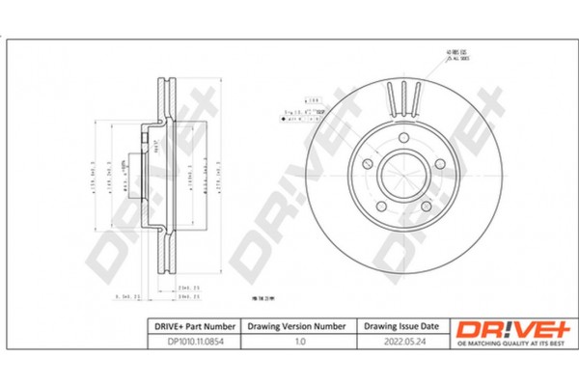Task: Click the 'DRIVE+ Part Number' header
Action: [189, 326]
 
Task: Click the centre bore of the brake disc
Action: [403, 176]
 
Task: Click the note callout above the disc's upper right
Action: [455, 54]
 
